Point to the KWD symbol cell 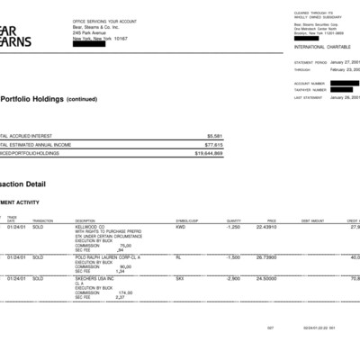point(181,227)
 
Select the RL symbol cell point(178,256)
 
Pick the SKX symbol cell point(180,278)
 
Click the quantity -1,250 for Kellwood point(232,227)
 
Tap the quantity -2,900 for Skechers point(232,278)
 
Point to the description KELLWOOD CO point(90,227)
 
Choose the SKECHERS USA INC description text point(94,278)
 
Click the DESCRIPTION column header point(85,220)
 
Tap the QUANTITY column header point(233,220)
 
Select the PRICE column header point(271,220)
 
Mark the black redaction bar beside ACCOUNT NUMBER point(345,83)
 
